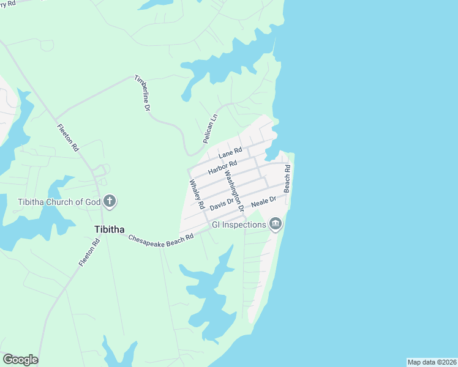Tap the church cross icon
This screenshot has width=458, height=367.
(x=110, y=201)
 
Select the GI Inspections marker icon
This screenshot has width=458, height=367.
(x=276, y=224)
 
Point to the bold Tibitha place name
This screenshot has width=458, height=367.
(x=110, y=229)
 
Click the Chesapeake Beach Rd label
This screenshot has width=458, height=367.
(x=160, y=237)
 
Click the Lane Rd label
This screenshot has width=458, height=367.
(x=230, y=153)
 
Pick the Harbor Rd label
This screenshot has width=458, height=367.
(x=222, y=167)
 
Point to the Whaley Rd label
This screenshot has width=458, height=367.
(x=197, y=193)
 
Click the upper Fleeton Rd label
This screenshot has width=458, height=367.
(x=68, y=138)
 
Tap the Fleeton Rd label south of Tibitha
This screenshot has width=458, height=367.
(x=89, y=252)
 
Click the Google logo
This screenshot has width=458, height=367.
(x=20, y=360)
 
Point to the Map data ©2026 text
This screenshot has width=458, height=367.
(x=432, y=362)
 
